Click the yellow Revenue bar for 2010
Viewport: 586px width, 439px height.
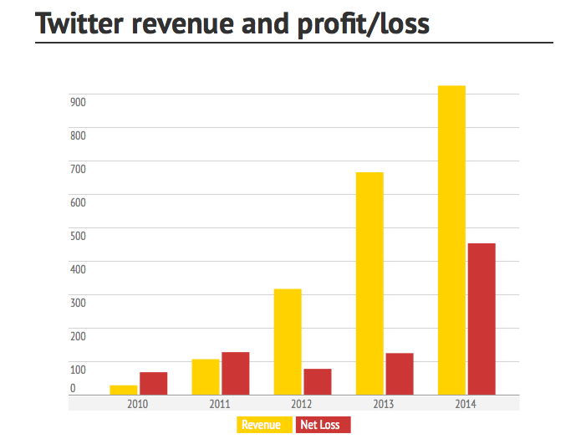(x=124, y=390)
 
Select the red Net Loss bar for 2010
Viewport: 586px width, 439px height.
(x=154, y=383)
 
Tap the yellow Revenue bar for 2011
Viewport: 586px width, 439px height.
(x=206, y=376)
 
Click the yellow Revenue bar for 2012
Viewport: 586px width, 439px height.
(x=288, y=341)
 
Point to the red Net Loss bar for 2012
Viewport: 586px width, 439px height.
(x=318, y=381)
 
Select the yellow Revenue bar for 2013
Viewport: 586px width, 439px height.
(x=369, y=283)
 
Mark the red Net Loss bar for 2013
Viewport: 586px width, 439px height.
(x=400, y=374)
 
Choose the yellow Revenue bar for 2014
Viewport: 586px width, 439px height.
(x=451, y=240)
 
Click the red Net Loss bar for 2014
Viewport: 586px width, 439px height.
(x=482, y=319)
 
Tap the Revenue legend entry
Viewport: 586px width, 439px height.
(x=261, y=425)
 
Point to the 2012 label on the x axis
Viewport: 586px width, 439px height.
(x=302, y=403)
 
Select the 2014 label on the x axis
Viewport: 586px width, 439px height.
(x=466, y=403)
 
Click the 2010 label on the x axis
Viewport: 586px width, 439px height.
(x=138, y=403)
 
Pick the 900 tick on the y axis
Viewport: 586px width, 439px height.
(x=79, y=102)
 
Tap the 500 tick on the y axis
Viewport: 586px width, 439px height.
(x=79, y=236)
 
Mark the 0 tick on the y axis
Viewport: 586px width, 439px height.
(x=73, y=388)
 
